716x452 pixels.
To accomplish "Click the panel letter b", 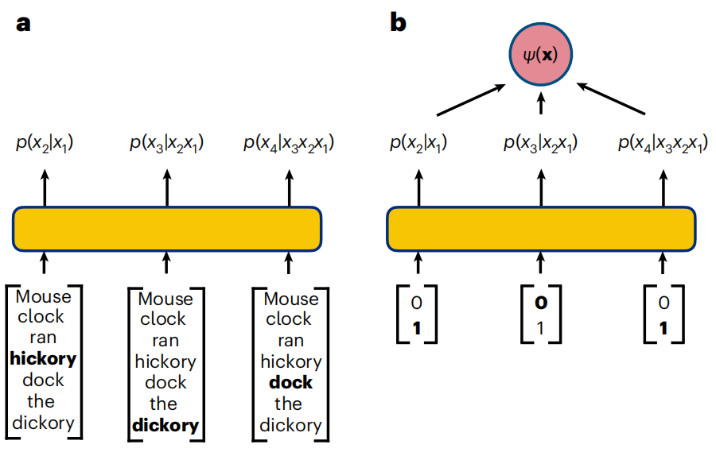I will click(x=398, y=23).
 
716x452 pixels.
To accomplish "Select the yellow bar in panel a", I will click(x=167, y=228).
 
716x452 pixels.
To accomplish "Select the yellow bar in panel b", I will click(x=541, y=228).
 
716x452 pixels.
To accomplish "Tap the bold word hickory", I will click(x=44, y=359).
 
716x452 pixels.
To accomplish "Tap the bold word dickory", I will click(x=165, y=425).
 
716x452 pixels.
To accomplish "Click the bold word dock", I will click(x=290, y=383).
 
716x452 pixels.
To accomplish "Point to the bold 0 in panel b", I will click(x=542, y=303).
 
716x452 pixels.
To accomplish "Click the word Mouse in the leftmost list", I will click(x=44, y=297).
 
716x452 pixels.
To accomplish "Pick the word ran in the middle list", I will click(x=165, y=341).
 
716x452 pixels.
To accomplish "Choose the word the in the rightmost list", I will click(x=290, y=404).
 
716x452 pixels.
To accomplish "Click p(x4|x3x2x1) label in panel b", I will click(x=663, y=144).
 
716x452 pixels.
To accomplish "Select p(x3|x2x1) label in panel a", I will click(x=166, y=144).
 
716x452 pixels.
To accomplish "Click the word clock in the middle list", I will click(x=165, y=319).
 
